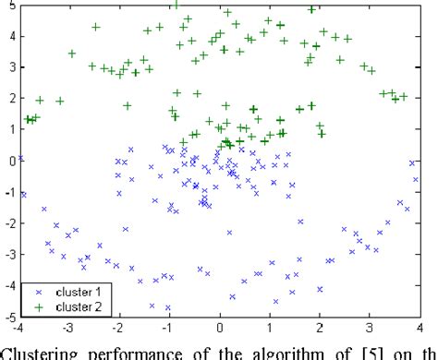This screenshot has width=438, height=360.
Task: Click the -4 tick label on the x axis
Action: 18,328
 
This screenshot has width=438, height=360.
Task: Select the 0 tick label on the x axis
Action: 220,328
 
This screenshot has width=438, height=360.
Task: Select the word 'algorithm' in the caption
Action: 277,350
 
